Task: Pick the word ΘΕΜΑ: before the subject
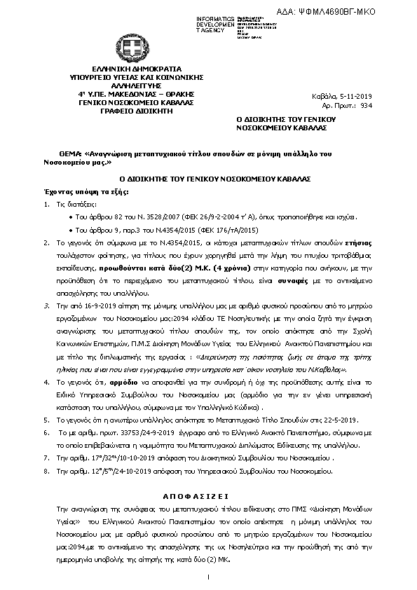[70, 153]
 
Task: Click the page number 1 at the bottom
[209, 576]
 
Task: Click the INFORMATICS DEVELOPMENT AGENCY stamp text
[216, 23]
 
